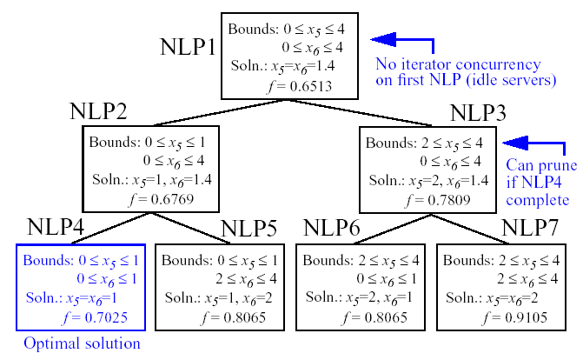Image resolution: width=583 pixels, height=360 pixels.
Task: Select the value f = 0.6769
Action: pyautogui.click(x=164, y=198)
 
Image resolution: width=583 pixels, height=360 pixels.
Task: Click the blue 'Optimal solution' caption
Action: pyautogui.click(x=82, y=343)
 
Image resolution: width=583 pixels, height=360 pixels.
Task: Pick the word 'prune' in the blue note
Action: pyautogui.click(x=545, y=165)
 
